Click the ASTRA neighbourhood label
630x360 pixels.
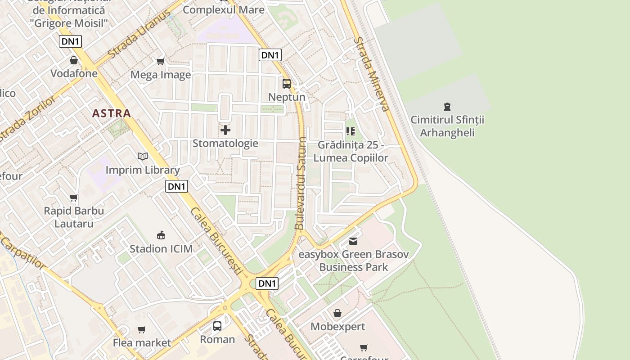(112, 113)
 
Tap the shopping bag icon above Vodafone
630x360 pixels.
(74, 60)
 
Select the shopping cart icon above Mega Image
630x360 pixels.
(160, 61)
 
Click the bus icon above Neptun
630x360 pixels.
(287, 83)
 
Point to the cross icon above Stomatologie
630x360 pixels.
(225, 130)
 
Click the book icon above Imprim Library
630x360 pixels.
(143, 156)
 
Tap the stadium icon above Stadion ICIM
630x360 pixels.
(161, 235)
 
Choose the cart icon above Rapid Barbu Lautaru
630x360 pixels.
(74, 198)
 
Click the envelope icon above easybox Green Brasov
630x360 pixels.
(353, 241)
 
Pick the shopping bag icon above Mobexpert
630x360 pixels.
(337, 313)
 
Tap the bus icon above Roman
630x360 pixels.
(217, 326)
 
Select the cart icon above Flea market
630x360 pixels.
(142, 330)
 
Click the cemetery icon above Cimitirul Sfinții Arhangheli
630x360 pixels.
(447, 107)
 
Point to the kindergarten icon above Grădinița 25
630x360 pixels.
(351, 131)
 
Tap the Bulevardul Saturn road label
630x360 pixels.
(301, 184)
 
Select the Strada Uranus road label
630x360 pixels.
(139, 38)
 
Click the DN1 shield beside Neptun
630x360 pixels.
(270, 55)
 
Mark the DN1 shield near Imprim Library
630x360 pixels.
(176, 186)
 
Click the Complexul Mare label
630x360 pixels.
(224, 9)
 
